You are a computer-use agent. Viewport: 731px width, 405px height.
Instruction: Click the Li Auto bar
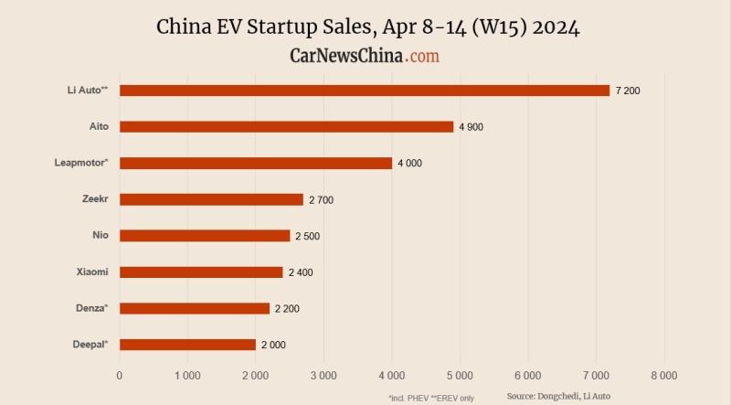364,91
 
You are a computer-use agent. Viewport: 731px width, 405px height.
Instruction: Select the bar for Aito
286,126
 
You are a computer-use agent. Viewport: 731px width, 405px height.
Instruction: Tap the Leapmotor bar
256,163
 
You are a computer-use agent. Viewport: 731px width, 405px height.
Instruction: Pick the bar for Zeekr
211,199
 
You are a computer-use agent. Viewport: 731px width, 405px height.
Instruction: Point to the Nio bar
205,235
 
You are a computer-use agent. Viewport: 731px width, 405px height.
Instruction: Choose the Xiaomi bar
201,272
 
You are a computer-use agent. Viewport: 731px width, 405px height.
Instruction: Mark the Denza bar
195,308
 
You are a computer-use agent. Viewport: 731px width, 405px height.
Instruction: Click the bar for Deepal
187,345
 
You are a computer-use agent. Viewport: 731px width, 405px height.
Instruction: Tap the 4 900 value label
471,127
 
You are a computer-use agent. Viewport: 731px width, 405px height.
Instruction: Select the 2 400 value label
301,272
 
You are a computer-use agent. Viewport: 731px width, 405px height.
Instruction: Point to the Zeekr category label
94,198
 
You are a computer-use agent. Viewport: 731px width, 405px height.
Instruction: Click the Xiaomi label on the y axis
92,272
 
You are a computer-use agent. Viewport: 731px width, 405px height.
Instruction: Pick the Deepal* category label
90,344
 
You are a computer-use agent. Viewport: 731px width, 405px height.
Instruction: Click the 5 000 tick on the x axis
460,376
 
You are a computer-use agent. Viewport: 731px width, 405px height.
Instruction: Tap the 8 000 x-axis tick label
663,376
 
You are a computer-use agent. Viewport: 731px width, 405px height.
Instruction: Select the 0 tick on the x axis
120,376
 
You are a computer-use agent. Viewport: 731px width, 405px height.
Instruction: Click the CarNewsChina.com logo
365,56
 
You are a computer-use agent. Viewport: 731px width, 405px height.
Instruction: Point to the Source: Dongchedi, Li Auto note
558,396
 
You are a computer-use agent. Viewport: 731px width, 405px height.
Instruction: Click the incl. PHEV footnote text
430,398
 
